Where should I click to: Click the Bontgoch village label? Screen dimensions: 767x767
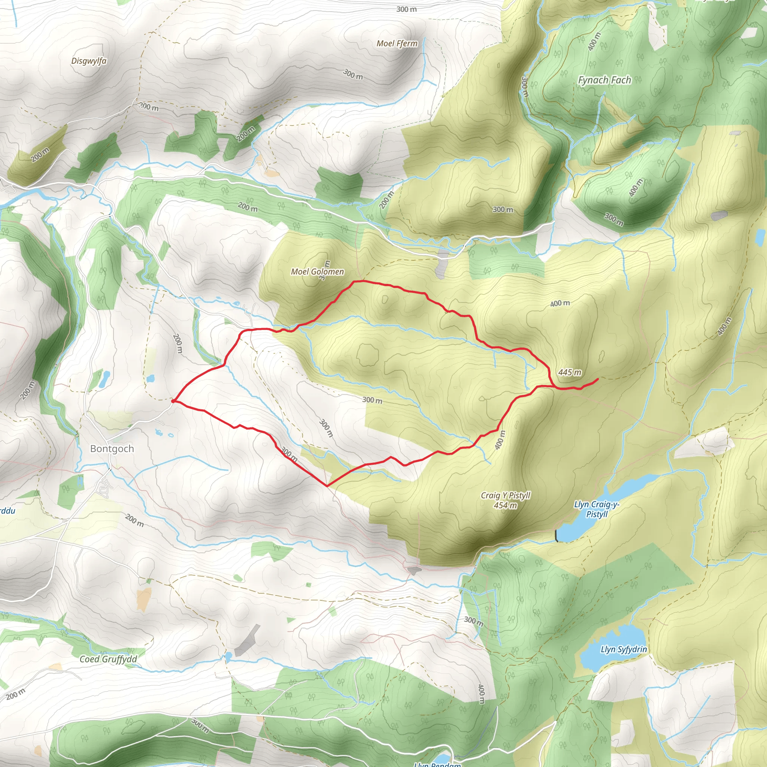[x=112, y=449]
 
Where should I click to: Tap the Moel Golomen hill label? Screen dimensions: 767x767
[x=317, y=272]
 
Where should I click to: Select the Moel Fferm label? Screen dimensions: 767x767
[x=397, y=43]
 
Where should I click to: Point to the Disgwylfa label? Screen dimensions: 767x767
[x=89, y=61]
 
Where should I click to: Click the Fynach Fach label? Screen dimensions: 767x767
[x=604, y=80]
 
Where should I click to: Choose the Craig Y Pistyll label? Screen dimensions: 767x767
[x=505, y=495]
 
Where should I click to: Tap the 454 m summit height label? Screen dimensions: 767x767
[x=505, y=505]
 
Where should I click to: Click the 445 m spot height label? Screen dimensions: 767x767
[x=570, y=372]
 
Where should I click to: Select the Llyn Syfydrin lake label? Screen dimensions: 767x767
[x=624, y=649]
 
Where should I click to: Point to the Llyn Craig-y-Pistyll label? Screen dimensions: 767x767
[x=597, y=509]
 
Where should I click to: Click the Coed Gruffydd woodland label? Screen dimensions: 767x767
[x=108, y=659]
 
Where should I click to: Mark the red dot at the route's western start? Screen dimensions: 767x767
[x=173, y=401]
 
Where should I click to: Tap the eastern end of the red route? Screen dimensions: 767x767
[x=598, y=379]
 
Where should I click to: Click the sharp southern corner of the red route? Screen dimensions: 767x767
[x=327, y=485]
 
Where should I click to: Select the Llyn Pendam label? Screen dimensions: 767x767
[x=437, y=764]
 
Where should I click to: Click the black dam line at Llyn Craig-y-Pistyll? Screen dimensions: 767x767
[x=557, y=536]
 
